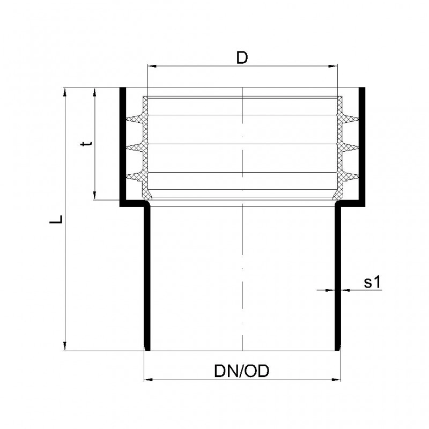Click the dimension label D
[242, 58]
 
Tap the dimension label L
[56, 219]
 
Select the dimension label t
[87, 143]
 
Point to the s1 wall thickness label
[372, 282]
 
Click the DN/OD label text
[242, 371]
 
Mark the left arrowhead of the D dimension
[152, 66]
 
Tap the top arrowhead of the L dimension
[65, 92]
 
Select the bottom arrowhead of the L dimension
[65, 346]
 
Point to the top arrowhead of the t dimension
[95, 92]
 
